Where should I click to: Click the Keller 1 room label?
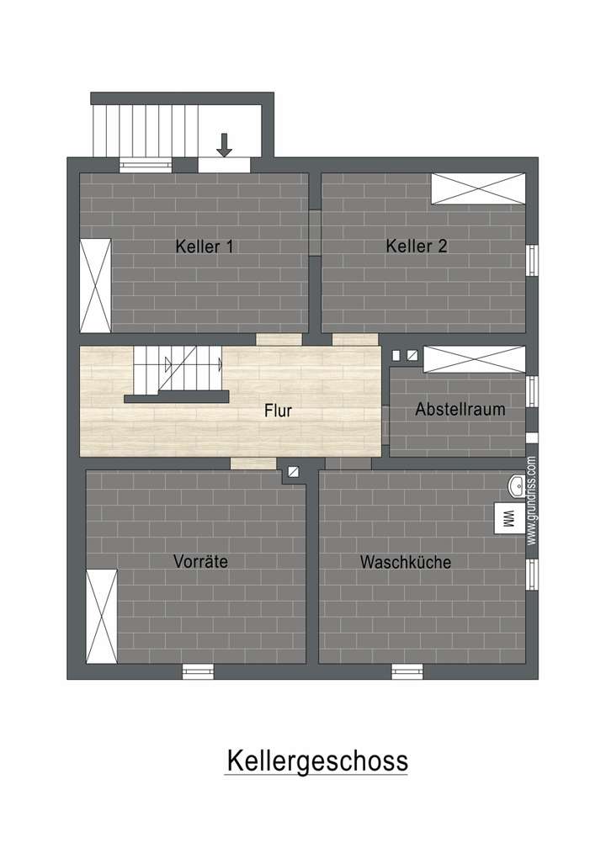pos(204,246)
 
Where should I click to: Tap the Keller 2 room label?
pos(417,246)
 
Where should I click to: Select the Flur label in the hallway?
pos(277,411)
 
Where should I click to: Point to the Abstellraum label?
pos(460,410)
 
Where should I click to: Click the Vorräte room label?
pos(200,561)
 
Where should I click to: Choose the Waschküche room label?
pos(406,562)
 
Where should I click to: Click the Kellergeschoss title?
pos(316,761)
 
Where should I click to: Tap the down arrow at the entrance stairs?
pos(224,145)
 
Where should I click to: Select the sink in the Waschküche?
pos(516,486)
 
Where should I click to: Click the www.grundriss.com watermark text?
pos(531,501)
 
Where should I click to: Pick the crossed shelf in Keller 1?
pos(95,285)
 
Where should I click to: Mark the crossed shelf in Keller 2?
pos(478,188)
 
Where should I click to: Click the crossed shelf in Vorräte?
pos(103,616)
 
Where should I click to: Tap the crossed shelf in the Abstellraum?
pos(474,359)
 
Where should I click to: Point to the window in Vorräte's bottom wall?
pos(199,671)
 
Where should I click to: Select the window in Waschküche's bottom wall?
pos(407,671)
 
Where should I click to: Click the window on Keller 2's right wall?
pos(532,260)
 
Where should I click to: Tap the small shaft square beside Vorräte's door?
pos(293,473)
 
